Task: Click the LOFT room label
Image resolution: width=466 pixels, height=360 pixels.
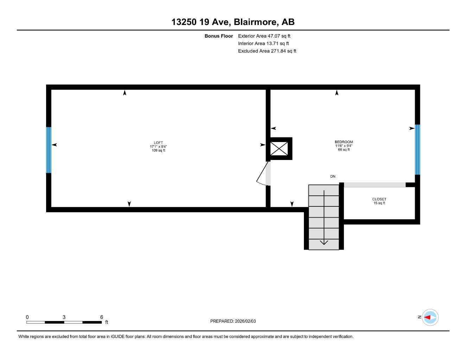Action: point(158,143)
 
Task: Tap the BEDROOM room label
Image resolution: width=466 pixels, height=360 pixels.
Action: point(344,142)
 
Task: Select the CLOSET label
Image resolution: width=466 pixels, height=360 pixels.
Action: point(379,199)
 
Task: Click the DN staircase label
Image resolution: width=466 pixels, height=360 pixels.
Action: point(333,176)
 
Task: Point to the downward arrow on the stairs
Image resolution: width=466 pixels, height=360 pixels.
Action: point(324,242)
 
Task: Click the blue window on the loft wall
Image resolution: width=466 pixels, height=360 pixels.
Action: point(49,150)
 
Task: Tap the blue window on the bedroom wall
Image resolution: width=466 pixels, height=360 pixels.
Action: point(417,149)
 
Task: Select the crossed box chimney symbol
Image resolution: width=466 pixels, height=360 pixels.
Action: point(279,148)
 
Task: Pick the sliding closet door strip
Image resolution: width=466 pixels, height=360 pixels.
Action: point(374,185)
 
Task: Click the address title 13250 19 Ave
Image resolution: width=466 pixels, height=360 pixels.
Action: point(233,22)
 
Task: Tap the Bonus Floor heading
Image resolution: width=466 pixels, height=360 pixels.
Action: point(218,36)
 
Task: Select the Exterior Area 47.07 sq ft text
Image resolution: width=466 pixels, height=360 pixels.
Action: point(264,36)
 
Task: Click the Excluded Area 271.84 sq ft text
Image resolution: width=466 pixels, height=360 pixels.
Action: point(267,51)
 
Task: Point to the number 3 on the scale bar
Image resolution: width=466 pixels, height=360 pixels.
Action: point(64,317)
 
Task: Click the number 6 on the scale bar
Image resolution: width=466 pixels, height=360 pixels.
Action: point(102,317)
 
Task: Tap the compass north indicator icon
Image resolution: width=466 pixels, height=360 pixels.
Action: point(430,317)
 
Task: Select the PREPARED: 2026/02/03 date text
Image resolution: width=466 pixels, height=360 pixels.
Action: point(233,321)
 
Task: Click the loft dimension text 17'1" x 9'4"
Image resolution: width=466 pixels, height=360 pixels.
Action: point(158,147)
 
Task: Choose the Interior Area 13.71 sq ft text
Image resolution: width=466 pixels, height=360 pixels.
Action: point(263,44)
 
